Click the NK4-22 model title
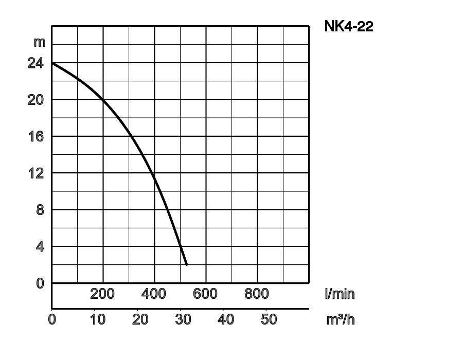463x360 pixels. coord(348,26)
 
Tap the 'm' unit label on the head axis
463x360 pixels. coord(40,42)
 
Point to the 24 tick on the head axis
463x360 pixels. coord(36,63)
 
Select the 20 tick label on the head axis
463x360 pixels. coord(36,100)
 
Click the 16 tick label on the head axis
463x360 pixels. coord(36,136)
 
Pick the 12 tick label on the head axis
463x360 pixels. coord(36,173)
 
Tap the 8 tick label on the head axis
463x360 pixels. coord(40,210)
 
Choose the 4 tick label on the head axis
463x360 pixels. coord(40,247)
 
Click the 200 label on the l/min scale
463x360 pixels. coord(102,294)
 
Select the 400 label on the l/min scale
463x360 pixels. coord(154,294)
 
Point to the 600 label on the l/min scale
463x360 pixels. coord(205,294)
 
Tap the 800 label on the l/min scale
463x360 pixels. coord(257,294)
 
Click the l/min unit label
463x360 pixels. coord(340,294)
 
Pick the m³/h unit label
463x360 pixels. coord(341,319)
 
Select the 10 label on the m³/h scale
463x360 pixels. coord(98,319)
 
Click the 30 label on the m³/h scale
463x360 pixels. coord(183,319)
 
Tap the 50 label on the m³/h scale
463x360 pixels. coord(269,319)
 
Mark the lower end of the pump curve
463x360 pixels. coord(187,264)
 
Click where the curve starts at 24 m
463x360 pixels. coord(52,63)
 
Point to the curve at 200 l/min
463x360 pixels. coord(103,99)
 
